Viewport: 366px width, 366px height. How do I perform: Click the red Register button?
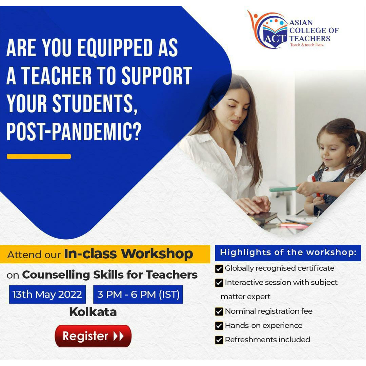(x=93, y=336)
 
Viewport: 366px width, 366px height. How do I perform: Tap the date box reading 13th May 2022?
(x=47, y=294)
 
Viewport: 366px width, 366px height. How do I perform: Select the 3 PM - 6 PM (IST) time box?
(x=138, y=294)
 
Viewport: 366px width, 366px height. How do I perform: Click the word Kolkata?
(x=93, y=312)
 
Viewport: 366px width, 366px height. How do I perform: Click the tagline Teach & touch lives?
(x=307, y=45)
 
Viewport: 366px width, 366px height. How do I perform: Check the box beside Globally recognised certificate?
(x=219, y=269)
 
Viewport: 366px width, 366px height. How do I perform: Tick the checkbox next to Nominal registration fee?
(x=219, y=311)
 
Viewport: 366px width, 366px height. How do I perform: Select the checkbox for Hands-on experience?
(x=219, y=326)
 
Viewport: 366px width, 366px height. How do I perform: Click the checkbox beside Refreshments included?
(x=219, y=340)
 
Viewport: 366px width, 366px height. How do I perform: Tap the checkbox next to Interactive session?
(x=219, y=283)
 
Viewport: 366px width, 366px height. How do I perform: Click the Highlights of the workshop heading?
(x=288, y=252)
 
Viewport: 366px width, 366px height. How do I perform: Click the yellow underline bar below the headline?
(x=39, y=156)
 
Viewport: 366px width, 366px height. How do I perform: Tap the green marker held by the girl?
(x=283, y=189)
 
